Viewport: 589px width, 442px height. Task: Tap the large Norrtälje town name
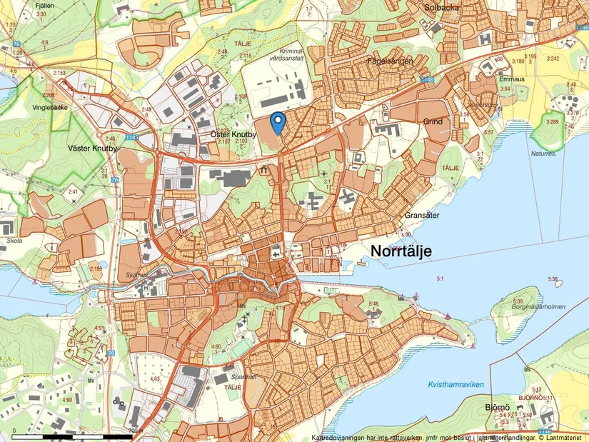coord(406,250)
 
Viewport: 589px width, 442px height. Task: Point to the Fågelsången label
coord(390,62)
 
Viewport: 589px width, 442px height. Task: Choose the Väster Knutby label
coord(91,149)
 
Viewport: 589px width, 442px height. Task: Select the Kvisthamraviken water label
coord(456,385)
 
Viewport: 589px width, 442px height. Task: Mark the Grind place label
coord(433,122)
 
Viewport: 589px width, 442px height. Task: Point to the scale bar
coord(72,435)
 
